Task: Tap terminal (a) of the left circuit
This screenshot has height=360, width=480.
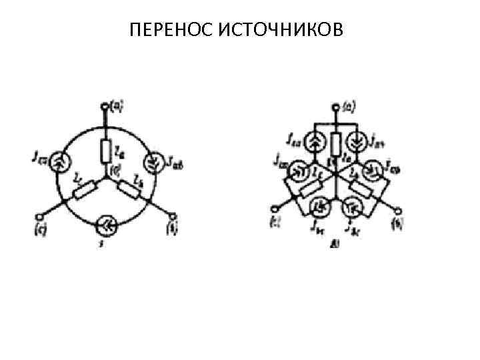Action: [105, 107]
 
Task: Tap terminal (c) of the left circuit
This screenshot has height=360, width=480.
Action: [39, 216]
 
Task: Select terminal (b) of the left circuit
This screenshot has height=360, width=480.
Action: [174, 216]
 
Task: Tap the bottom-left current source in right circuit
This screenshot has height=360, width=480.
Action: [321, 210]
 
